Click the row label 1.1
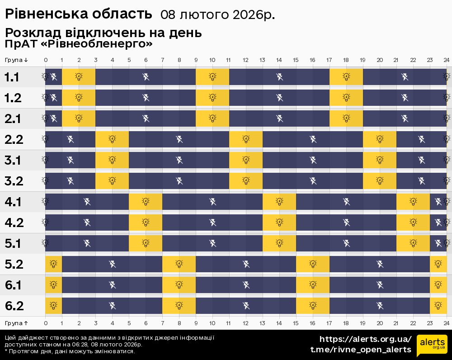(12, 77)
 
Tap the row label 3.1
(14, 160)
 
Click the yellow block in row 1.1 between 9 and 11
(212, 77)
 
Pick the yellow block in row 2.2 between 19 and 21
(380, 139)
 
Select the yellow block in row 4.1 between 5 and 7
(146, 202)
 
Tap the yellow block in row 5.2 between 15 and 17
(313, 264)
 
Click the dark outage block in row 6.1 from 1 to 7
(112, 285)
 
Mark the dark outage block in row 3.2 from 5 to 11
(179, 181)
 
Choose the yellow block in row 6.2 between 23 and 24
(438, 306)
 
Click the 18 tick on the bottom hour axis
(346, 323)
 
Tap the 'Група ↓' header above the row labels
(17, 60)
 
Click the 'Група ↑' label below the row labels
(17, 323)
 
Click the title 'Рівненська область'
(78, 14)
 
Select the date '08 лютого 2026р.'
(217, 15)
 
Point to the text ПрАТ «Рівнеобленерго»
(79, 44)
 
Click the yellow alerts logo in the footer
(432, 345)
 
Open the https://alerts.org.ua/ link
(365, 339)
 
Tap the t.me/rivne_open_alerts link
(361, 350)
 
